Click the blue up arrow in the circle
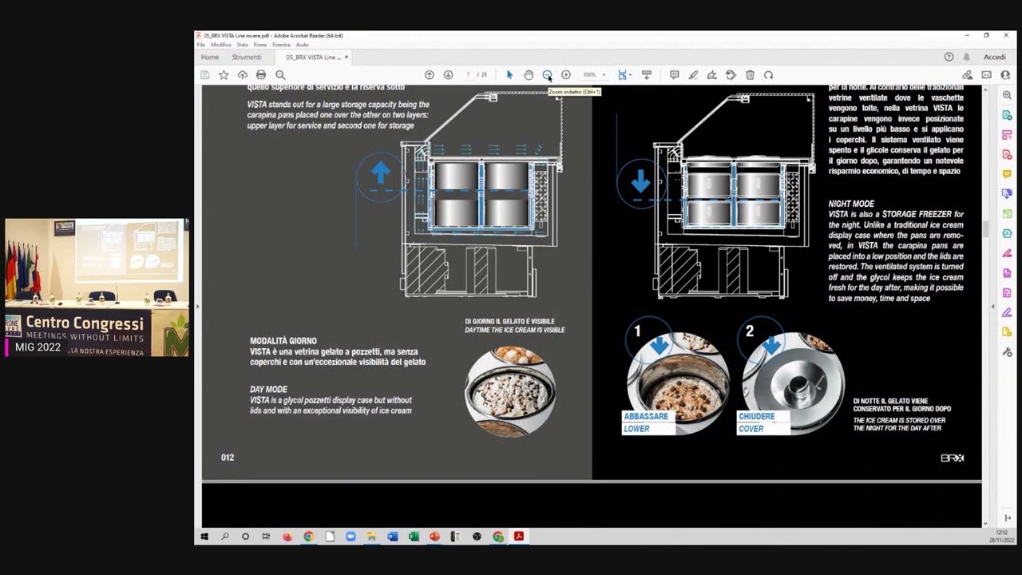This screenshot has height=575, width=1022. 380,172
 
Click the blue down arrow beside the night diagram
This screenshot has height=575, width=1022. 640,181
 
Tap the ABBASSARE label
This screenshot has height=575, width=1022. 646,416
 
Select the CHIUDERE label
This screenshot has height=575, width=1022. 756,416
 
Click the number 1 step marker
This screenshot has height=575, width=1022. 637,331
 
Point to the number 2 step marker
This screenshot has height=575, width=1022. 749,331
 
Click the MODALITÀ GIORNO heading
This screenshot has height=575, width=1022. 283,341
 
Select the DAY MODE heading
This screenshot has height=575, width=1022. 268,390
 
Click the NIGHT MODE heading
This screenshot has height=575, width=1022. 851,204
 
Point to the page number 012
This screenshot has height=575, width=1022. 228,458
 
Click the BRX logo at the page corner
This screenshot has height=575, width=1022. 952,458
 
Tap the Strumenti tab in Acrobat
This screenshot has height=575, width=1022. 247,57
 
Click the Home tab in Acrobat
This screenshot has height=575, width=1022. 210,57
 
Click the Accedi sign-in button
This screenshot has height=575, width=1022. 994,57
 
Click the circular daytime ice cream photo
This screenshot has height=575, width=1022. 510,391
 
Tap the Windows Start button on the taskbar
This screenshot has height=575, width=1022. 204,537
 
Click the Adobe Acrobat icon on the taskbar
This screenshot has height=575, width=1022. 519,537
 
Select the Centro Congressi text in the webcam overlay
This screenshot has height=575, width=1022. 85,323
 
